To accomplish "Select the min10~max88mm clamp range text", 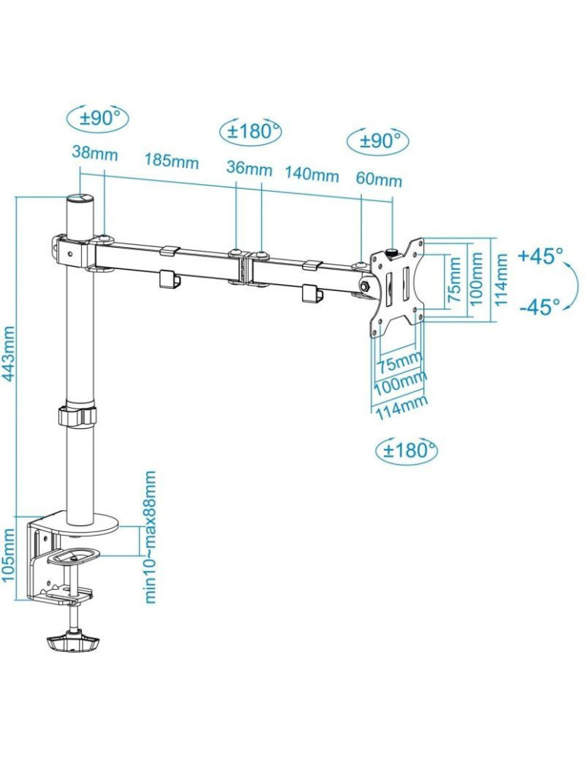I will (x=152, y=537).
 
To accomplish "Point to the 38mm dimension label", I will (x=95, y=152).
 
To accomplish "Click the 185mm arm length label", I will (x=172, y=161).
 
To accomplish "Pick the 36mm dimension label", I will (x=248, y=168).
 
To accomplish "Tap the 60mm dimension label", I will (x=379, y=180).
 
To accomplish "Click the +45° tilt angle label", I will (x=541, y=255).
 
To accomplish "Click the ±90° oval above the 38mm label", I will (x=98, y=118).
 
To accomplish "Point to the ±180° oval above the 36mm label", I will (x=250, y=130).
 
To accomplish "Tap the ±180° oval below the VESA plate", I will (x=407, y=451).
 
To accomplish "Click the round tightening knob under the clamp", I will (x=74, y=644).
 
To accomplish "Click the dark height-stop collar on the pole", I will (x=77, y=415).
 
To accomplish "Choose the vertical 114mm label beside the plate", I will (x=502, y=278).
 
